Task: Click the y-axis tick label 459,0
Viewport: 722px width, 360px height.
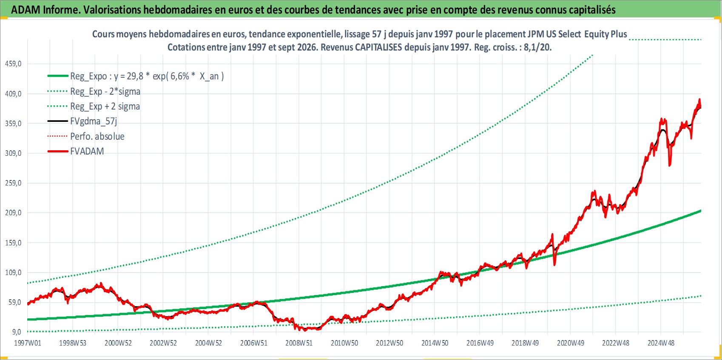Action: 13,64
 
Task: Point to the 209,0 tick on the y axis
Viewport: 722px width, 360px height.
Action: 13,213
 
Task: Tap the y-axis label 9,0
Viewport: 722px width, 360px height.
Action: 15,332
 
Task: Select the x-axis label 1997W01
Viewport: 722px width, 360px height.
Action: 28,343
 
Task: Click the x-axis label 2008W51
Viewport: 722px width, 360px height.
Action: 299,343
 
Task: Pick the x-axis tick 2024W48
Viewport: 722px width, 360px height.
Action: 661,343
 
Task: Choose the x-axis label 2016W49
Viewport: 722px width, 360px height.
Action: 480,343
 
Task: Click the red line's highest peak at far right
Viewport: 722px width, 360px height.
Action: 699,99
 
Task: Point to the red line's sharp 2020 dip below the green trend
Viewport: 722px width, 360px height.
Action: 554,265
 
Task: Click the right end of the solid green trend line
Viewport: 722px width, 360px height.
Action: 701,211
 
